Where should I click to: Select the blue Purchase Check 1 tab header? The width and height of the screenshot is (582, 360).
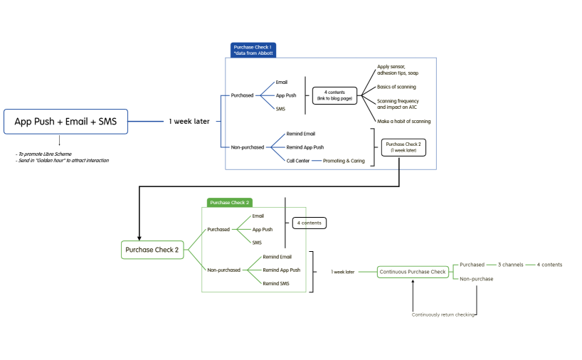[x=253, y=50]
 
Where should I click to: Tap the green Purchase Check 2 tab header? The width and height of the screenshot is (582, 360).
[x=229, y=203]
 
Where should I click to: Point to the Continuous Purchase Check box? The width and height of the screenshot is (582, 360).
[x=413, y=271]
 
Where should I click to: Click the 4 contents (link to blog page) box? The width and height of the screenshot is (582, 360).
[x=334, y=95]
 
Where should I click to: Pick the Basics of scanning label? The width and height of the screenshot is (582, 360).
[x=396, y=87]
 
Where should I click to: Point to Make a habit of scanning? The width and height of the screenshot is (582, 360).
[x=403, y=121]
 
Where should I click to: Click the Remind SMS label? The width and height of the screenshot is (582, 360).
[x=276, y=283]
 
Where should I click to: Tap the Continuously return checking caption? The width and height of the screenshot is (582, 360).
[x=443, y=314]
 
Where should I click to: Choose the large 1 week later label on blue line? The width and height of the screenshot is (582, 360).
[x=189, y=122]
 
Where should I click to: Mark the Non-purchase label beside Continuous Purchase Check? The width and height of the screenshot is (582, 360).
[x=476, y=279]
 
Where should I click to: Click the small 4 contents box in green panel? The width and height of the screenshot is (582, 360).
[x=309, y=223]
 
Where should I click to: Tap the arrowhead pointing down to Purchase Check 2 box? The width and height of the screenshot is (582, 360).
[x=138, y=237]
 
